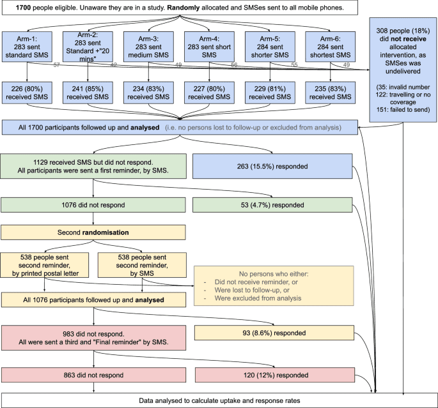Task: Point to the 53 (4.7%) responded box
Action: [272, 205]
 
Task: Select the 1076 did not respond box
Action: [94, 205]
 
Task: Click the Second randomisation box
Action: [94, 230]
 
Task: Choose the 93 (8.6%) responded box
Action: [272, 333]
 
